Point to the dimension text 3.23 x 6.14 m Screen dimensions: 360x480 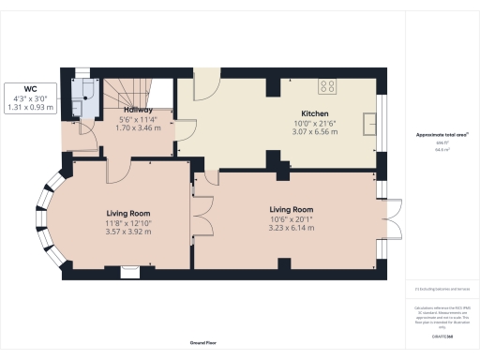pyautogui.click(x=292, y=228)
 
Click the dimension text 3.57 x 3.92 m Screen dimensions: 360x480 pyautogui.click(x=127, y=232)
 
